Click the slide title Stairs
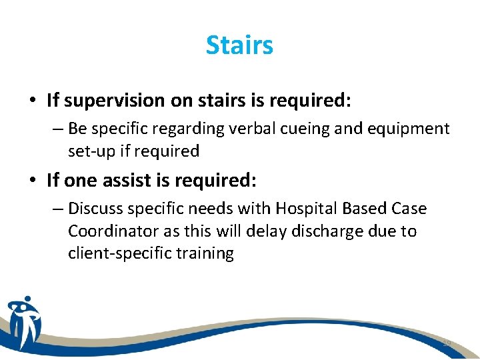point(239,45)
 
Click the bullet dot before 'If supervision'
point(32,101)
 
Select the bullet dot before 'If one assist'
point(32,180)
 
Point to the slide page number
point(446,343)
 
